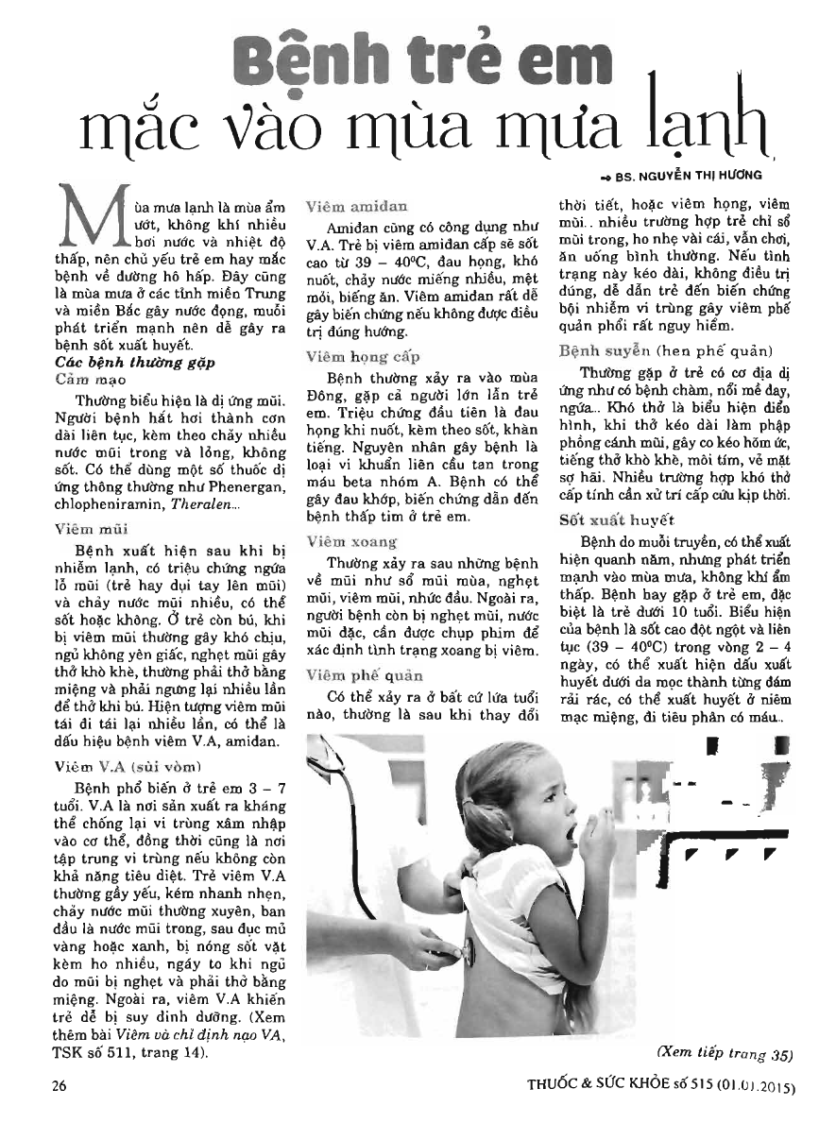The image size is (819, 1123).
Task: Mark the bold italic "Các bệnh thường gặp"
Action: [121, 361]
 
